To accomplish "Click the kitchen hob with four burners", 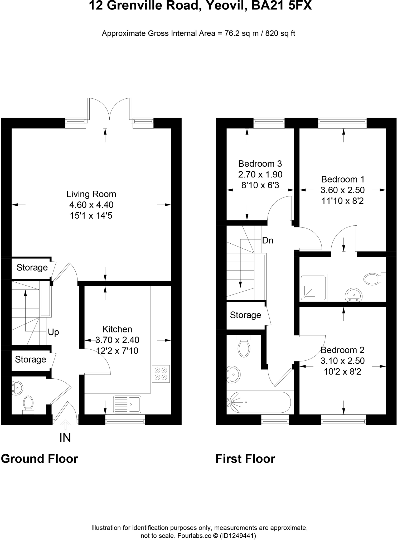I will pyautogui.click(x=161, y=374).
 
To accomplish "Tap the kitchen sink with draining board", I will pyautogui.click(x=127, y=404).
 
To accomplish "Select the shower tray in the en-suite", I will pyautogui.click(x=314, y=288).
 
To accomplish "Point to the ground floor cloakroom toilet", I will pyautogui.click(x=28, y=404).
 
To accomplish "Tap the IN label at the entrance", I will pyautogui.click(x=65, y=438).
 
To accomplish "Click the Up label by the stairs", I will pyautogui.click(x=53, y=332).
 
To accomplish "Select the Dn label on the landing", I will pyautogui.click(x=268, y=240).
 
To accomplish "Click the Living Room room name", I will pyautogui.click(x=91, y=194).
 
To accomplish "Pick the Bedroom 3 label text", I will pyautogui.click(x=260, y=164).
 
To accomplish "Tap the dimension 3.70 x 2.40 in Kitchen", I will pyautogui.click(x=117, y=340).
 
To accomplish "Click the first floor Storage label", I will pyautogui.click(x=245, y=315).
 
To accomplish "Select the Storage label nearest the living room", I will pyautogui.click(x=32, y=268).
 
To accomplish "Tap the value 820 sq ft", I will pyautogui.click(x=280, y=33).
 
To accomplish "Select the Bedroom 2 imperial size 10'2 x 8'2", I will pyautogui.click(x=342, y=372).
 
